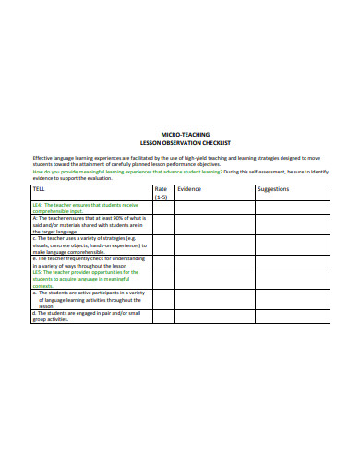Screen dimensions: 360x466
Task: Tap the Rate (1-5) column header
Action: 162,193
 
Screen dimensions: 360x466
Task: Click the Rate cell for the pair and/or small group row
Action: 163,317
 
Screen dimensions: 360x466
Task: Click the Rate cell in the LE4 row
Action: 163,208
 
